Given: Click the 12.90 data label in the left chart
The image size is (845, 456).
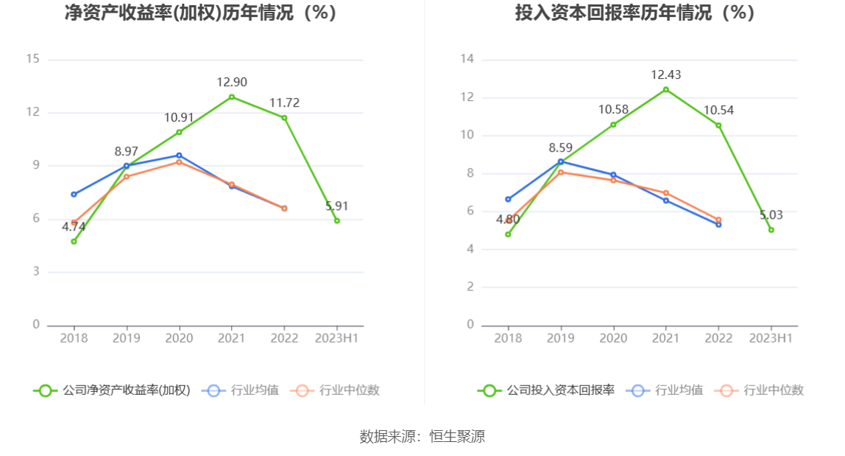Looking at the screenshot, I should coord(231,82).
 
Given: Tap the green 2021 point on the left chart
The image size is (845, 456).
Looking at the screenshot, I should coord(232,97).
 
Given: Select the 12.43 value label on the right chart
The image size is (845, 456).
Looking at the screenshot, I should coord(665,74).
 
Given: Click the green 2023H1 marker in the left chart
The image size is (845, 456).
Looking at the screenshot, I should coord(337,220).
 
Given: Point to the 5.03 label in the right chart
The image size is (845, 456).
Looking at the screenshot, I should coord(771,215).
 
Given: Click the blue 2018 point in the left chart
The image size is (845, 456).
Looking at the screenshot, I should coord(74,194).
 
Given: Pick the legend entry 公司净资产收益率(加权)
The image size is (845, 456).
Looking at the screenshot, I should coord(112,390).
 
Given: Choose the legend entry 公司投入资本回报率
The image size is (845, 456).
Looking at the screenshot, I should coord(546,390).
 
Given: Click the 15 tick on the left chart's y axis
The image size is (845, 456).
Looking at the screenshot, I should coord(32,59).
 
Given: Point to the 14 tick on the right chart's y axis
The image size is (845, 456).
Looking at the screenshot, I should coord(467,59).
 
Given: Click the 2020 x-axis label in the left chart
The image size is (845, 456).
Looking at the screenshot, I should coord(179,338).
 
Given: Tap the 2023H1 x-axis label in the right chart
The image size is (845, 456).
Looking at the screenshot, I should coord(771,338).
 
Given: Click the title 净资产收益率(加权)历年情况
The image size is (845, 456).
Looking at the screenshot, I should coord(200,13).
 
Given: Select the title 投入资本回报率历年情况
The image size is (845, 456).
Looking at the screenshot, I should coord(634,13).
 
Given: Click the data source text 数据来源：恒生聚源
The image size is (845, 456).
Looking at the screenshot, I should coord(422,436).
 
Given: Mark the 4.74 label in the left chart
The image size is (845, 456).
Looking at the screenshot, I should coord(74,227).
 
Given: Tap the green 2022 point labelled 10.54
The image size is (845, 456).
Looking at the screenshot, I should coord(718,125).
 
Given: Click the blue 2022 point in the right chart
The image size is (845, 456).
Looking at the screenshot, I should coord(718,224).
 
